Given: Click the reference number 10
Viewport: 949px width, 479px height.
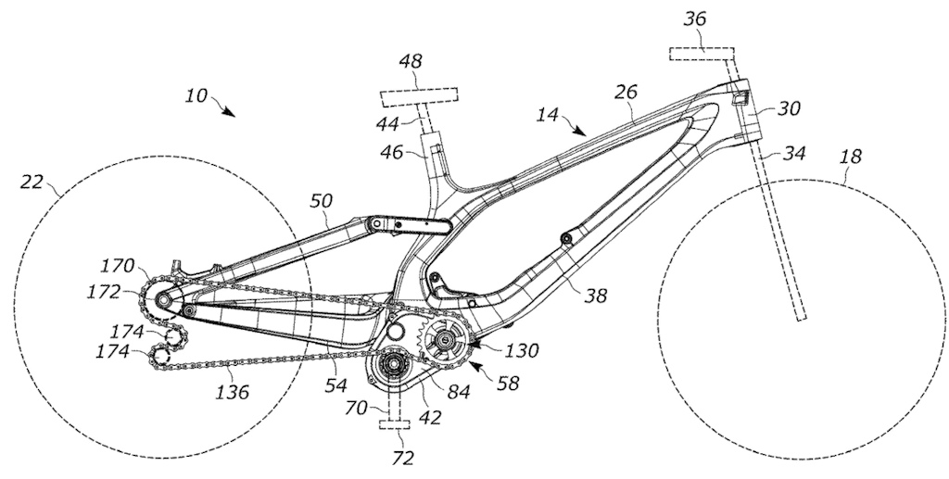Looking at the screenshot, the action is click(196, 95).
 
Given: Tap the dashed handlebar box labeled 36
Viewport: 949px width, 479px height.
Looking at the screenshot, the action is click(702, 53).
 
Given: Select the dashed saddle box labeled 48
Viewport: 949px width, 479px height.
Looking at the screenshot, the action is click(418, 95).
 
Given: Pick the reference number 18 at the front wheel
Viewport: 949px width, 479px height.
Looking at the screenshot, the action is click(850, 158).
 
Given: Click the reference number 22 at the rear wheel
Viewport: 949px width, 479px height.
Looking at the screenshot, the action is click(32, 181).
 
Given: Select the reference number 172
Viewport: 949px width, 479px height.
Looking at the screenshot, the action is click(104, 292).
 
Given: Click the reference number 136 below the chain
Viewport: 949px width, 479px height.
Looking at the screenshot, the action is click(233, 392).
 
